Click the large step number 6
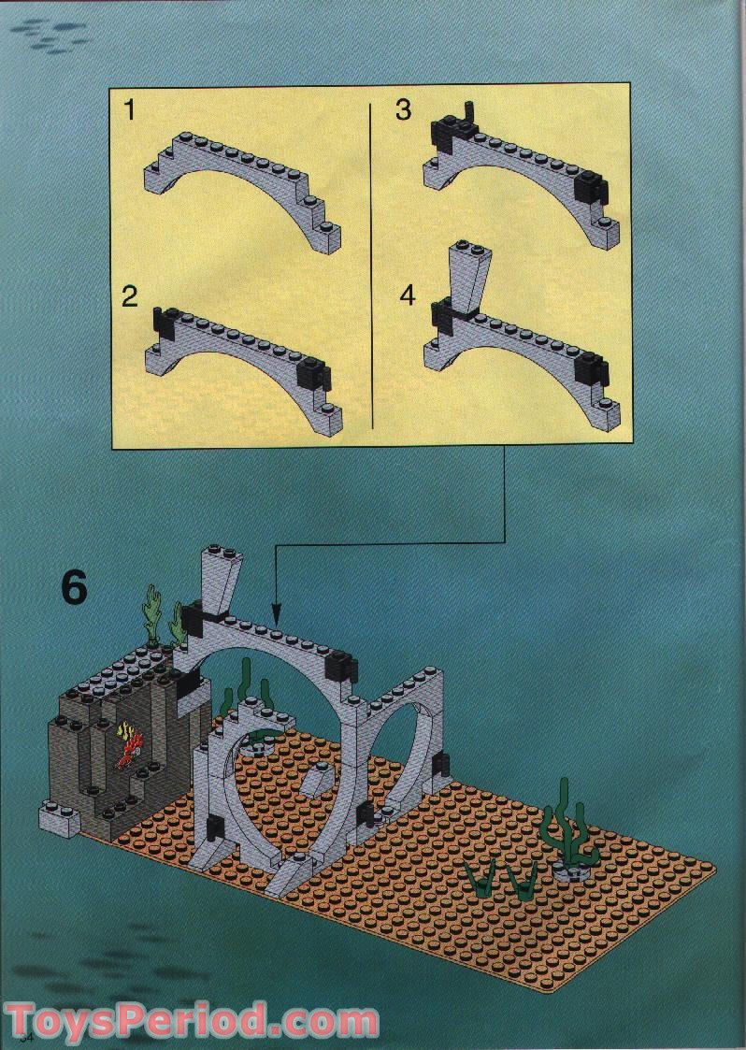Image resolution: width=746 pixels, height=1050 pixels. pos(74,588)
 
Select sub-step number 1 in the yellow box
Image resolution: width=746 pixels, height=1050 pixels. pos(130,111)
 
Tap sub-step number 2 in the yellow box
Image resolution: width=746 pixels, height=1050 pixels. pos(130,297)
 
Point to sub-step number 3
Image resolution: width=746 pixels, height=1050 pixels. pos(403,110)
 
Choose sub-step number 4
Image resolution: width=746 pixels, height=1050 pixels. pos(407,295)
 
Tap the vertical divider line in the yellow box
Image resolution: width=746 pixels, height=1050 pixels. pos(372,262)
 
